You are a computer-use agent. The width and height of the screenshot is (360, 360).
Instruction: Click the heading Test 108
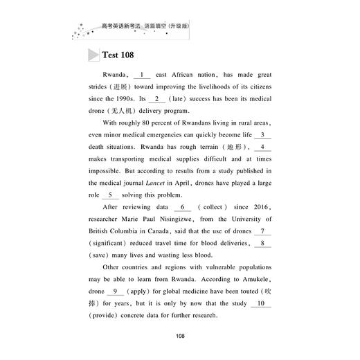click(117, 55)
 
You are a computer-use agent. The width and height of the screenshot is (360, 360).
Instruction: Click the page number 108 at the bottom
click(180, 336)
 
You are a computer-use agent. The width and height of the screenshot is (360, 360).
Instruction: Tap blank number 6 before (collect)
click(183, 206)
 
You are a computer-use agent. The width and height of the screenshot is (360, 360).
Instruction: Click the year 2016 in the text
click(260, 206)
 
